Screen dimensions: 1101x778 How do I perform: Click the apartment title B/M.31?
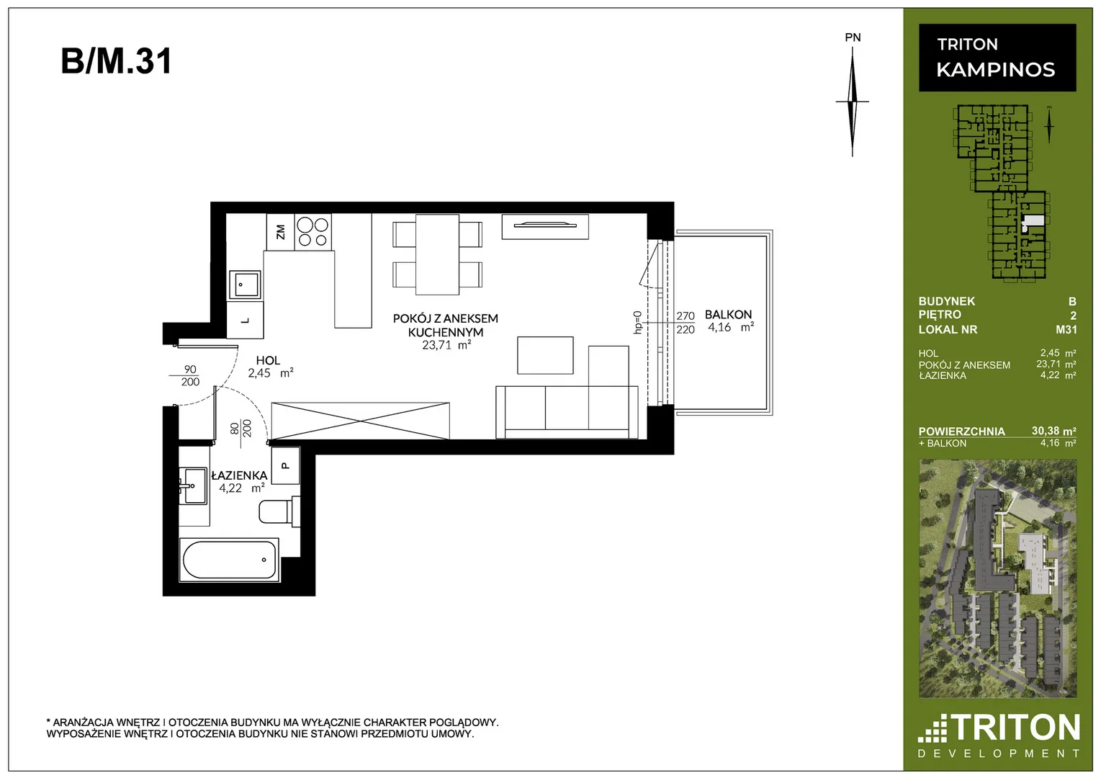(116, 61)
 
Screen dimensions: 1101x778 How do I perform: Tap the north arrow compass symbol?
(853, 102)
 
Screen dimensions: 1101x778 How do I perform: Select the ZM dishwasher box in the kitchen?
(281, 232)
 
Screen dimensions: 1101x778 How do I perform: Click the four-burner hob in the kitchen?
(313, 232)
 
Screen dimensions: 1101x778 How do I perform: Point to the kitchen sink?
(244, 285)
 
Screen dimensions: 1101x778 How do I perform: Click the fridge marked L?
(246, 320)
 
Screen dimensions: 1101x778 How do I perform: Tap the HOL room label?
(268, 360)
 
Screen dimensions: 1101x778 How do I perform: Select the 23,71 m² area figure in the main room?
(446, 345)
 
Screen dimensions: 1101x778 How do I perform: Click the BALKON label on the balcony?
(728, 314)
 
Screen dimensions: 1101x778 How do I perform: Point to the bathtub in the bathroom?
(230, 560)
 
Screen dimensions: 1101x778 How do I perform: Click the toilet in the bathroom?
(279, 511)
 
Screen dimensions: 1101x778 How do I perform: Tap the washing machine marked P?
(286, 465)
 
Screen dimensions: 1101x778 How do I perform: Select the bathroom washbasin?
(194, 486)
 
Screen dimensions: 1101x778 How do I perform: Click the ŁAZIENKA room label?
(239, 475)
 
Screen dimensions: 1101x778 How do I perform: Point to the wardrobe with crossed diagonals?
(360, 421)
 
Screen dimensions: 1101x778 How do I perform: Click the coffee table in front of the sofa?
(545, 355)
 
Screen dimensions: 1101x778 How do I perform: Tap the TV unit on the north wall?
(545, 226)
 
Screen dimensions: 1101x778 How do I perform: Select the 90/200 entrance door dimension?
(189, 375)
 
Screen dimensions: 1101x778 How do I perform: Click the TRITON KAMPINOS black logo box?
(997, 58)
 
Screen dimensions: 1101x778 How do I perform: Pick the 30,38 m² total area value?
(1053, 431)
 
